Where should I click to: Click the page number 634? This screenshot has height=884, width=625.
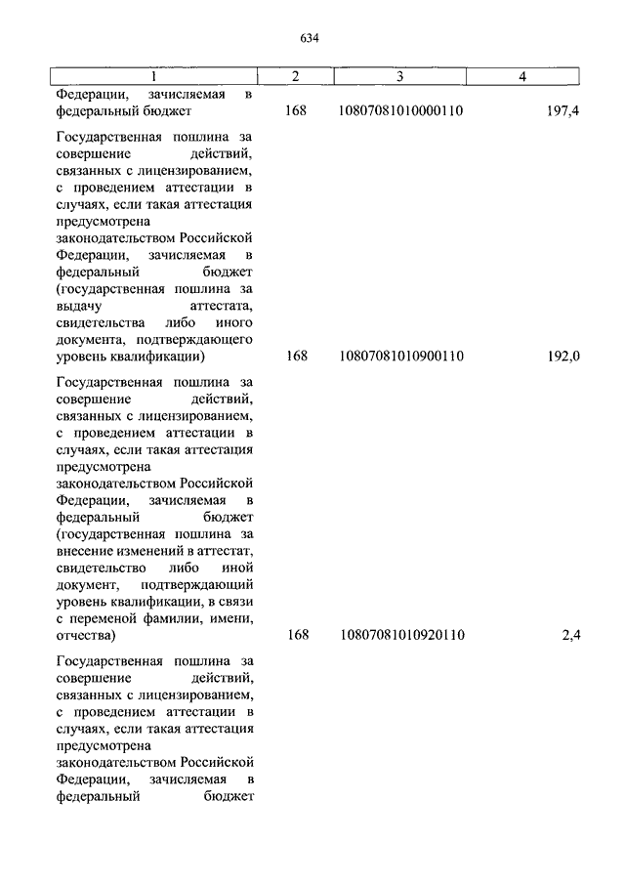tap(311, 39)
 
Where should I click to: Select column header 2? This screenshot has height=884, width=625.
tap(296, 76)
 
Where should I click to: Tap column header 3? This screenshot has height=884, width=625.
tap(399, 76)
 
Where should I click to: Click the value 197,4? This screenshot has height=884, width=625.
tap(564, 111)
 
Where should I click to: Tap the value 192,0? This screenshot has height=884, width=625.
tap(564, 357)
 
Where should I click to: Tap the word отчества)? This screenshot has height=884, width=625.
tap(86, 636)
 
